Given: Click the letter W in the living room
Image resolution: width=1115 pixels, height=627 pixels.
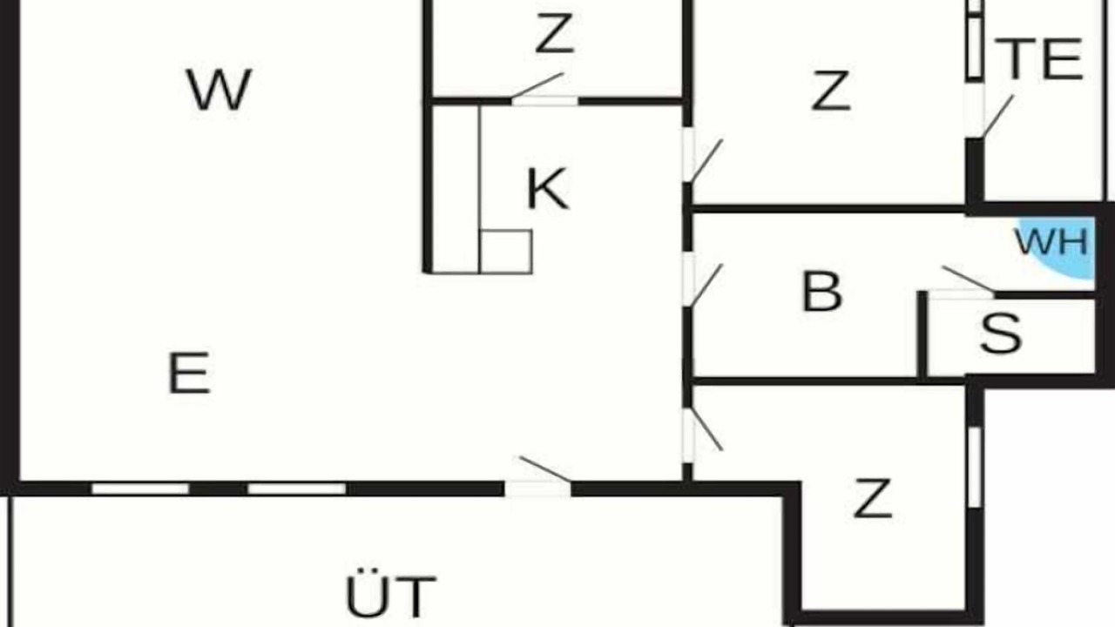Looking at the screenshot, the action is [219, 90].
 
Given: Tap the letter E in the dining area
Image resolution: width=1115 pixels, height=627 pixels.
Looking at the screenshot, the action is [189, 373].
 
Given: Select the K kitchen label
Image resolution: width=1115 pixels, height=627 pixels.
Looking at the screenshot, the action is [547, 189].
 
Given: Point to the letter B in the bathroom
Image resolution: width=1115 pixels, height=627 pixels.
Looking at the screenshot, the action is [822, 291].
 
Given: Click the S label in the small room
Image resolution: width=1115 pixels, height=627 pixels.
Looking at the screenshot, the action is [1001, 334].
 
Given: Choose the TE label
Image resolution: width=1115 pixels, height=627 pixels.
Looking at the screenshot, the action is [1039, 60].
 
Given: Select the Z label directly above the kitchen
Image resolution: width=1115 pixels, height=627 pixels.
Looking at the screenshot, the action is [555, 33].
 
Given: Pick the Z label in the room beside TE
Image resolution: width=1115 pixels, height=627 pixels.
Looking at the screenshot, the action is [831, 90].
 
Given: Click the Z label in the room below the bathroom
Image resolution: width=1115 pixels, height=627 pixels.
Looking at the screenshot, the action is [872, 497].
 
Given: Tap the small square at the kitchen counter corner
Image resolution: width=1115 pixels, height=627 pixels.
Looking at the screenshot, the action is [506, 252].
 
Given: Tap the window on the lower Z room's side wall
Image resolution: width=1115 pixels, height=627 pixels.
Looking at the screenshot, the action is [975, 467].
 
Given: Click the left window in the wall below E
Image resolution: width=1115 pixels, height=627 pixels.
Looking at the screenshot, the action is [140, 489].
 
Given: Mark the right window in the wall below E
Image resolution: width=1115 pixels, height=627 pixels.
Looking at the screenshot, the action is [297, 489].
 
